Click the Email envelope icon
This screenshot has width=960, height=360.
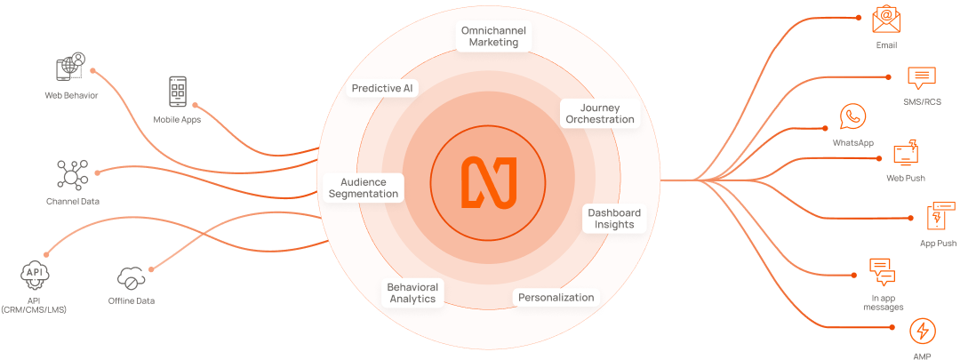[886, 20]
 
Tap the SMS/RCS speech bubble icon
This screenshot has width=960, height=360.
[922, 79]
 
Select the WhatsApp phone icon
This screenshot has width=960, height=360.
[852, 117]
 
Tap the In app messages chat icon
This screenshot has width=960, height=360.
[883, 273]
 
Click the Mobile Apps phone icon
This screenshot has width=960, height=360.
[178, 92]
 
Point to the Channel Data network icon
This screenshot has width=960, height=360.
[72, 174]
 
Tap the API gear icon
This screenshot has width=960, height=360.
[35, 275]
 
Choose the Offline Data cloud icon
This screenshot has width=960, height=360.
[131, 279]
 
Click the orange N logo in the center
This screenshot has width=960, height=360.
[489, 182]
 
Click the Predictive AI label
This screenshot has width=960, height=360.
[382, 88]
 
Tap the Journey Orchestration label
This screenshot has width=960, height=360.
[600, 113]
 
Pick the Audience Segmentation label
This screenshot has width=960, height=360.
[364, 188]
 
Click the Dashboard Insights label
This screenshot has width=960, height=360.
[614, 219]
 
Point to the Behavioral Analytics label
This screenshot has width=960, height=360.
[412, 292]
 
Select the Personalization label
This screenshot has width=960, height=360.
[556, 298]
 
